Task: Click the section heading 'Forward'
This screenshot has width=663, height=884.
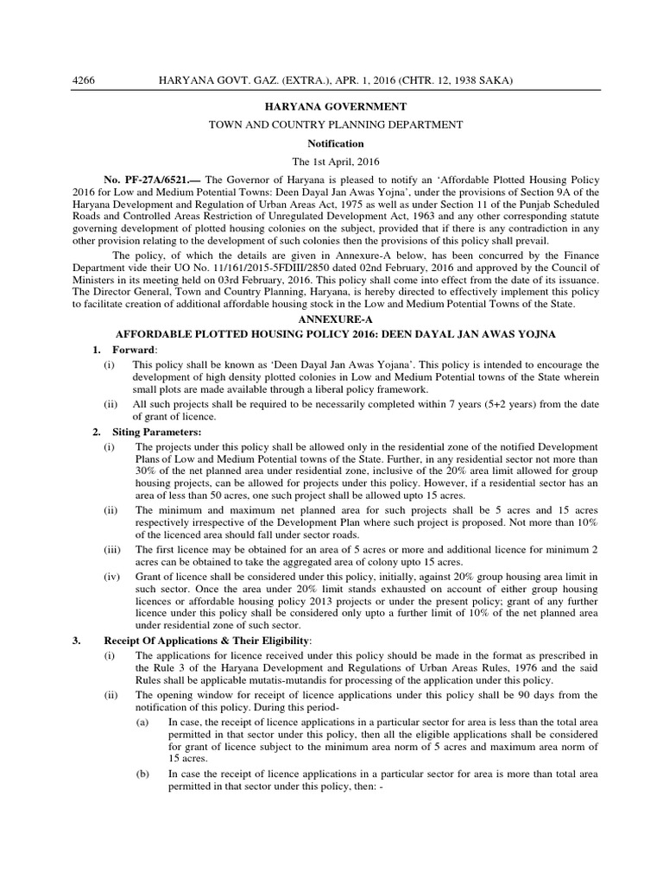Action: click(136, 349)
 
